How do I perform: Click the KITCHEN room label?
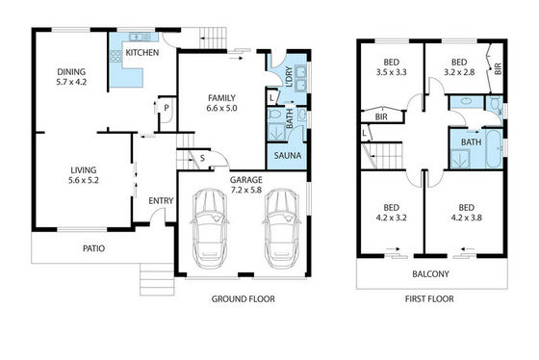142,53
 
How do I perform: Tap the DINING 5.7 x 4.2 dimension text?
71,82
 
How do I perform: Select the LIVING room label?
84,169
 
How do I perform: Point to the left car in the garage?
210,228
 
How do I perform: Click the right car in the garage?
282,228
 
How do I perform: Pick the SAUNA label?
288,155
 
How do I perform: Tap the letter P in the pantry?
167,108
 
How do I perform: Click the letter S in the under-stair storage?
202,158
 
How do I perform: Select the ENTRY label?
161,201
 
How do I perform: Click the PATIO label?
94,248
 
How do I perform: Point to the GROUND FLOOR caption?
243,299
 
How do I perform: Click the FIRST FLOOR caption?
429,299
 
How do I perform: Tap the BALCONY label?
431,274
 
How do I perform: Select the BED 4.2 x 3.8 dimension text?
467,218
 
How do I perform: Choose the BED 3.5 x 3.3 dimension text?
391,72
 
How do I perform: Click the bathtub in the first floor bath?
495,148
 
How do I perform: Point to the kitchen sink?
140,37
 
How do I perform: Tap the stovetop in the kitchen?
115,56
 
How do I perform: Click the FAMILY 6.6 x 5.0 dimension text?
221,108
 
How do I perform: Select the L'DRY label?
289,76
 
